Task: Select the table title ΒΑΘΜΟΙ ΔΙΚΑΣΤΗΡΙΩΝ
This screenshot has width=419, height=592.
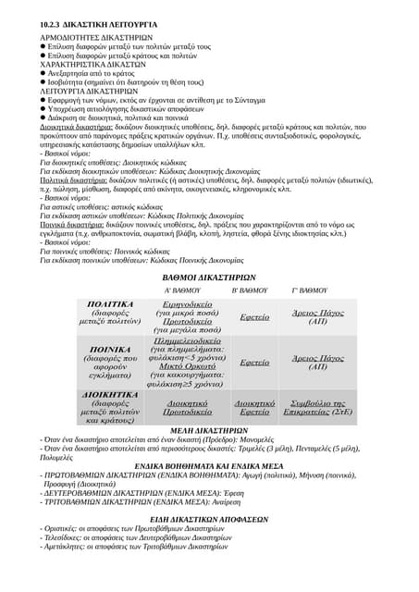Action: pos(209,277)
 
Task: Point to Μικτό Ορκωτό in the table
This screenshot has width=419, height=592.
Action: pos(186,376)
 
